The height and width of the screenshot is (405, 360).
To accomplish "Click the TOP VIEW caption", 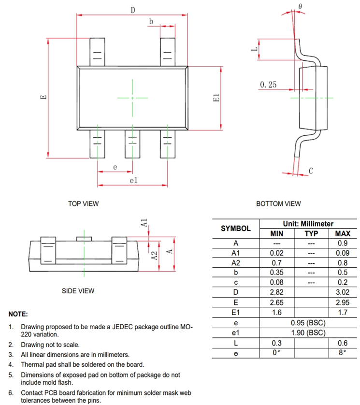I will [x=83, y=204].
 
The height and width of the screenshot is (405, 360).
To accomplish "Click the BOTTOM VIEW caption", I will [x=278, y=204].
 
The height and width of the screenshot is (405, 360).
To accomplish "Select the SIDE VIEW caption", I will [x=78, y=291].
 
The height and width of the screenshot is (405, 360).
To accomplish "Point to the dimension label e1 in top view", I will [x=134, y=180].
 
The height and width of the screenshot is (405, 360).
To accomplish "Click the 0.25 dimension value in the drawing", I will [x=268, y=85].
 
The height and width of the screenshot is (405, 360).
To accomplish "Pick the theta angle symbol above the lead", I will [x=301, y=6].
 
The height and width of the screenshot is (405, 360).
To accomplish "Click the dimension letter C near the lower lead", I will [x=311, y=171].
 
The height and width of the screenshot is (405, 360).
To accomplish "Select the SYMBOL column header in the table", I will [x=236, y=229].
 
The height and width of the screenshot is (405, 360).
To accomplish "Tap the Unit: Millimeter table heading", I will [x=308, y=224].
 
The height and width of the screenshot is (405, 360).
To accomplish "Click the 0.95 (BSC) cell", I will [x=308, y=323].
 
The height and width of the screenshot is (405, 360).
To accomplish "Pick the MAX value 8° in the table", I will [x=342, y=353].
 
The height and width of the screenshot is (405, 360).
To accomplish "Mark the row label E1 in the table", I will [x=236, y=313].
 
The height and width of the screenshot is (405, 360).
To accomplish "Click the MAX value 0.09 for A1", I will [x=342, y=253].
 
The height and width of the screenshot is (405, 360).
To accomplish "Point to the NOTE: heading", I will [x=18, y=314].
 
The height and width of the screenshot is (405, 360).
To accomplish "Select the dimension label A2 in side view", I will [x=154, y=256].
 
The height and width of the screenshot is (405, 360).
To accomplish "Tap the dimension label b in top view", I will [x=151, y=22].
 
